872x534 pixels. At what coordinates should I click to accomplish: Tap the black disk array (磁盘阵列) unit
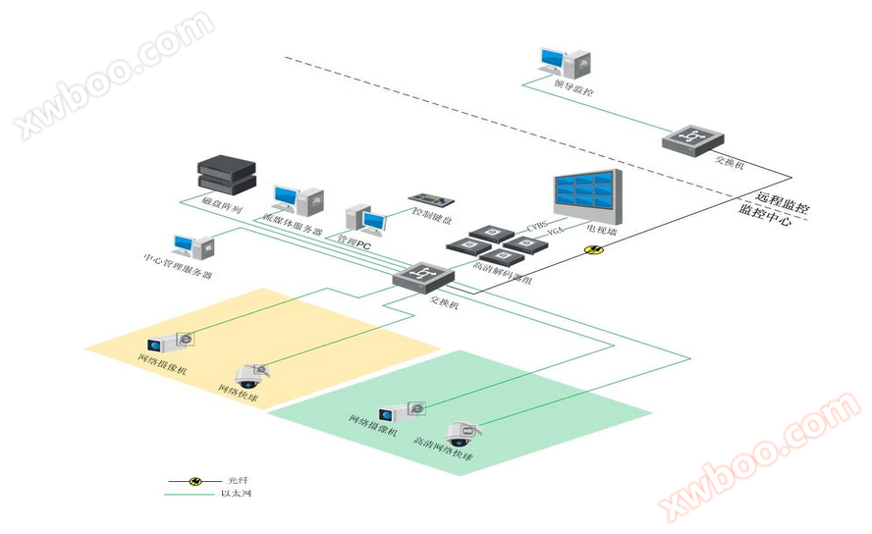point(226,175)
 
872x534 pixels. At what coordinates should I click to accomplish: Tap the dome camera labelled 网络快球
point(249,374)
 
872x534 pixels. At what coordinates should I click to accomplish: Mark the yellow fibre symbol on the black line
point(593,248)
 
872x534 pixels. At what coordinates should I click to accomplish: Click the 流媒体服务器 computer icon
point(296,199)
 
